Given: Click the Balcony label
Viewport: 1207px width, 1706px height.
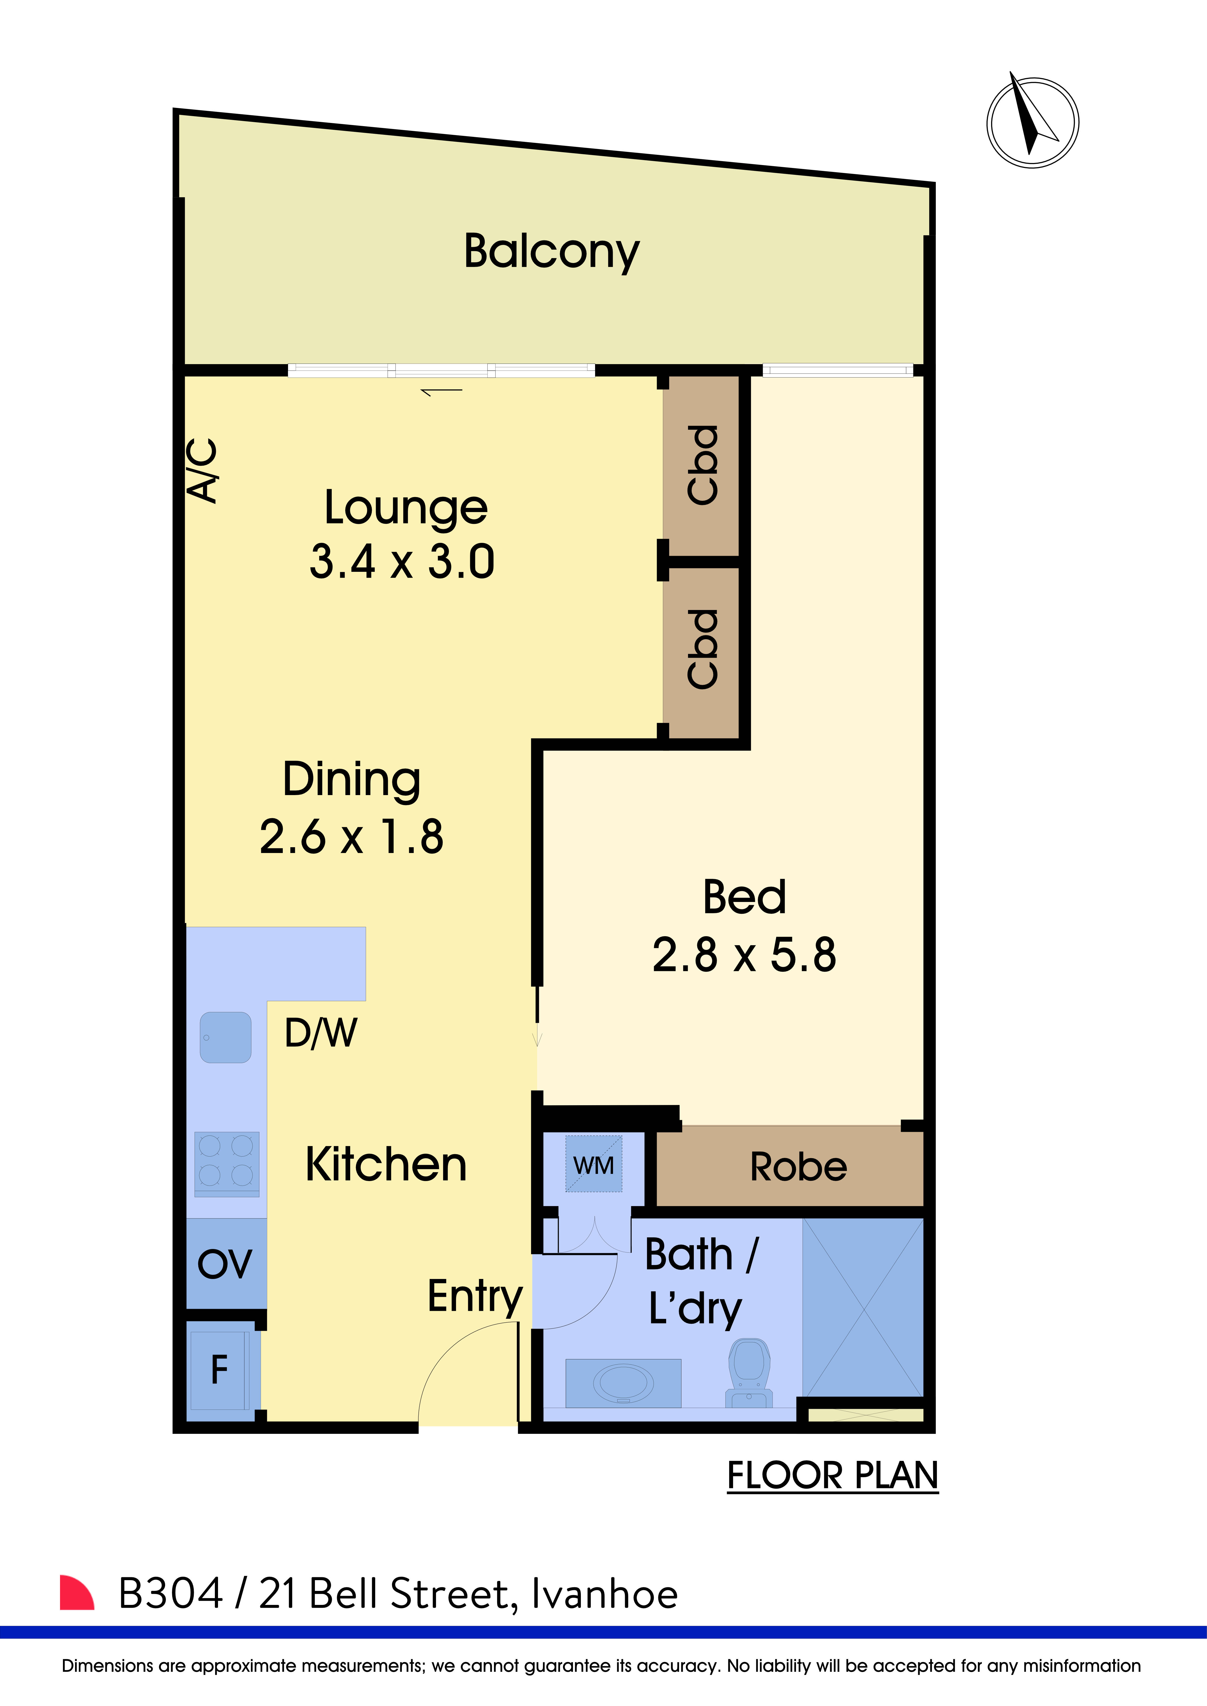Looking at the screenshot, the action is coord(551,252).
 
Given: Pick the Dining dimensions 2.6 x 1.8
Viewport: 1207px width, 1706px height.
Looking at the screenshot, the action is coord(352,837).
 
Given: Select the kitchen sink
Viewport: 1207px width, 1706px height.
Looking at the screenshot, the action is coord(226,1037).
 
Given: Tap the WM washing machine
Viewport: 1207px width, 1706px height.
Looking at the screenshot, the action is coord(594,1164).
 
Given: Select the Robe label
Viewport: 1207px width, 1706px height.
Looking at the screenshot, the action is coord(798,1167).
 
